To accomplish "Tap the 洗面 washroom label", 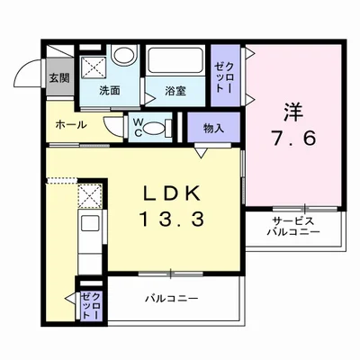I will pyautogui.click(x=110, y=90).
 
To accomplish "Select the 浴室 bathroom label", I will pyautogui.click(x=175, y=91).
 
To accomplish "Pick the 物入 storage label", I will pyautogui.click(x=213, y=130).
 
